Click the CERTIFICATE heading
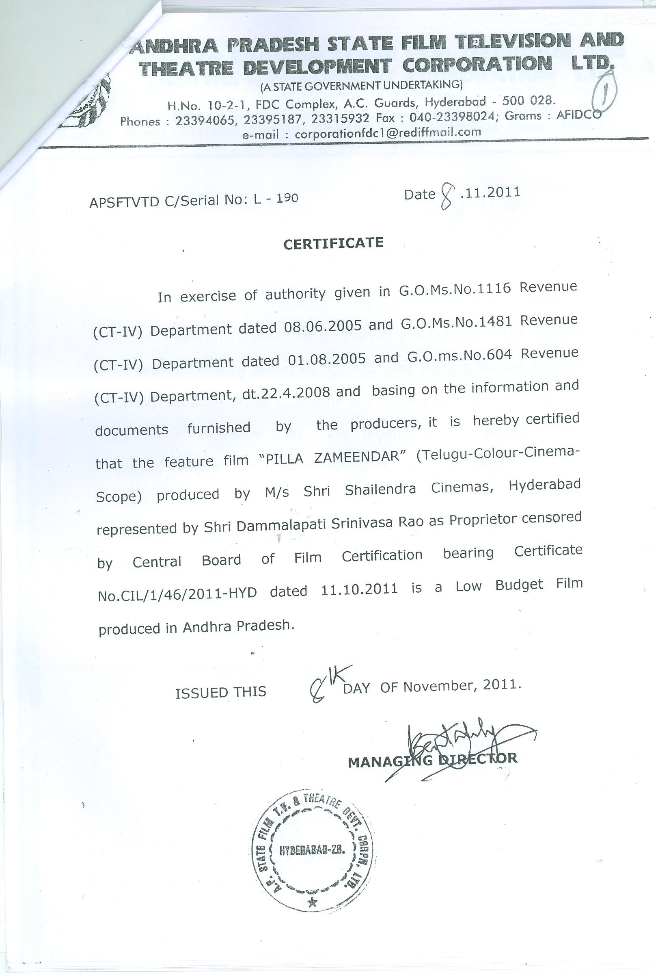[333, 243]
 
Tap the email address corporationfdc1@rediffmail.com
[388, 133]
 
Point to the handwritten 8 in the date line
[447, 197]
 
